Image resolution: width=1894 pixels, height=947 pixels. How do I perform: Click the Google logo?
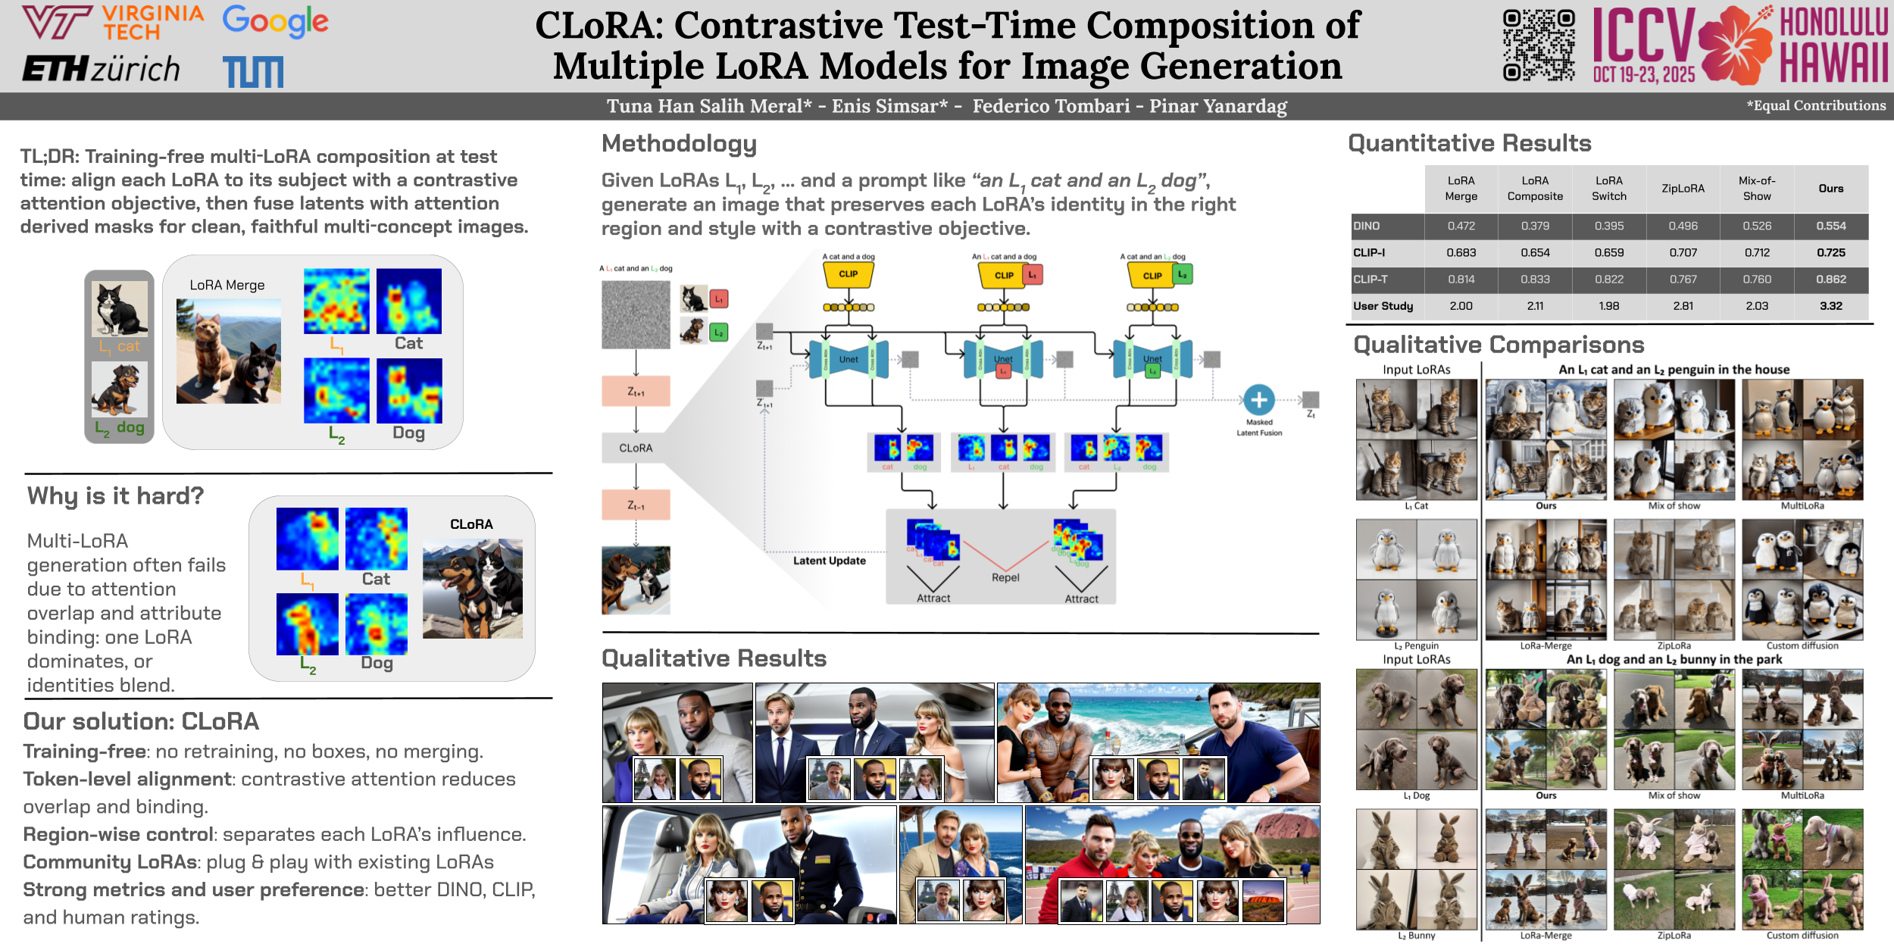pyautogui.click(x=275, y=22)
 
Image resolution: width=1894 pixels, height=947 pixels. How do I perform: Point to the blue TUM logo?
pyautogui.click(x=254, y=72)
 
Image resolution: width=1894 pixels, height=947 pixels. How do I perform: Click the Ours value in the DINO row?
pyautogui.click(x=1830, y=226)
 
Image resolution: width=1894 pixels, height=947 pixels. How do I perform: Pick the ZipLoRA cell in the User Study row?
pyautogui.click(x=1683, y=306)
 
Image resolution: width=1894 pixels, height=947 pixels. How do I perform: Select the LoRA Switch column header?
pyautogui.click(x=1608, y=189)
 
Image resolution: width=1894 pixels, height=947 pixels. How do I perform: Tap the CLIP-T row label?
pyautogui.click(x=1370, y=280)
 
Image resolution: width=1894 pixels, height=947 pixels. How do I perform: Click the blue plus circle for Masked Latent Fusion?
pyautogui.click(x=1259, y=400)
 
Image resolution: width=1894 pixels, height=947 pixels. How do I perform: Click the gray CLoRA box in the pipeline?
pyautogui.click(x=636, y=448)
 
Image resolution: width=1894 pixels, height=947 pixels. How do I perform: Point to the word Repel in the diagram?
pyautogui.click(x=1005, y=577)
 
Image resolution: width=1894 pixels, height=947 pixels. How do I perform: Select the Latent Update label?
pyautogui.click(x=829, y=561)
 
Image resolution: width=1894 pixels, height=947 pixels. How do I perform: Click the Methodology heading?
pyautogui.click(x=679, y=143)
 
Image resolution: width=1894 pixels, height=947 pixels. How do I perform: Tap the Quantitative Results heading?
pyautogui.click(x=1469, y=143)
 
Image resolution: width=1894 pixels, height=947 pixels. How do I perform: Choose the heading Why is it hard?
pyautogui.click(x=115, y=495)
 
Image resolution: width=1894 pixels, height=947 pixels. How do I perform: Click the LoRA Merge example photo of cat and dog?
pyautogui.click(x=228, y=351)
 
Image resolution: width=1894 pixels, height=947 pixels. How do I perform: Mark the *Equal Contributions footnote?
pyautogui.click(x=1816, y=106)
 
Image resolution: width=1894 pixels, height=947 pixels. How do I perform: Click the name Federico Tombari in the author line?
pyautogui.click(x=1051, y=106)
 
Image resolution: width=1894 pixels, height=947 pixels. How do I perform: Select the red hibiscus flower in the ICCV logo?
pyautogui.click(x=1735, y=45)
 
